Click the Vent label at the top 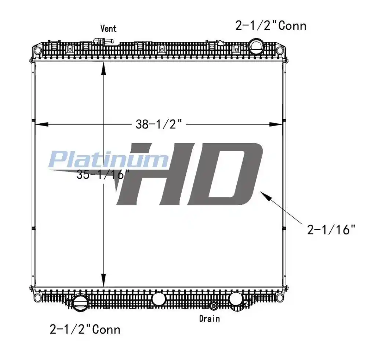coord(108,28)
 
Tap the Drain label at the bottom coord(210,319)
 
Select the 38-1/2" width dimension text coord(159,124)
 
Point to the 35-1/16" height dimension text coord(103,174)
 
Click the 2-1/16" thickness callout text coord(331,230)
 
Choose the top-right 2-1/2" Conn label coord(271,26)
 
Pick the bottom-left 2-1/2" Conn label coord(85,329)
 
